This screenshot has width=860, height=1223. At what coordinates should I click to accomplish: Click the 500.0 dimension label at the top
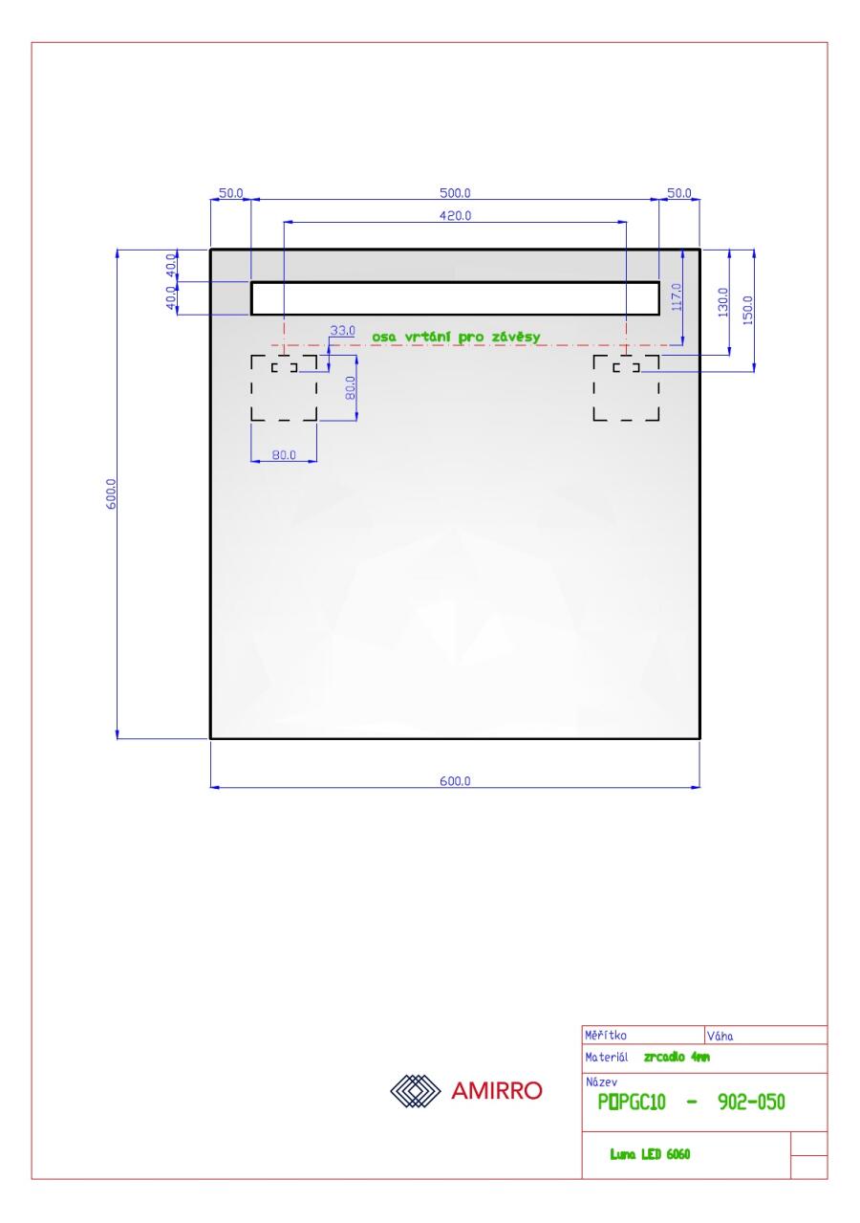[455, 193]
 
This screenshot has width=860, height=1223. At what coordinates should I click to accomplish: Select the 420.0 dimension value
[455, 216]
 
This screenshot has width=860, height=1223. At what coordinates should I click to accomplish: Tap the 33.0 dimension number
[342, 330]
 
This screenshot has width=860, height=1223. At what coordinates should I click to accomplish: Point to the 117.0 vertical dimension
[677, 297]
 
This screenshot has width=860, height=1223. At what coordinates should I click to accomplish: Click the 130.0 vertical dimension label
[722, 302]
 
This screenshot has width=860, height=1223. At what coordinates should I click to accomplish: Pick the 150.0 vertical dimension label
[747, 310]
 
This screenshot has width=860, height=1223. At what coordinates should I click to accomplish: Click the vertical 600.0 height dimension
[111, 493]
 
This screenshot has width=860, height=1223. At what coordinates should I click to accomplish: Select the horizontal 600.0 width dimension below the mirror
[455, 781]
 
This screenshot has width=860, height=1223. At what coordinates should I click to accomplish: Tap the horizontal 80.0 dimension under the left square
[284, 455]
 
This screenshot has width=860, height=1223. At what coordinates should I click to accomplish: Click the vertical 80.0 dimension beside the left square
[351, 387]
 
